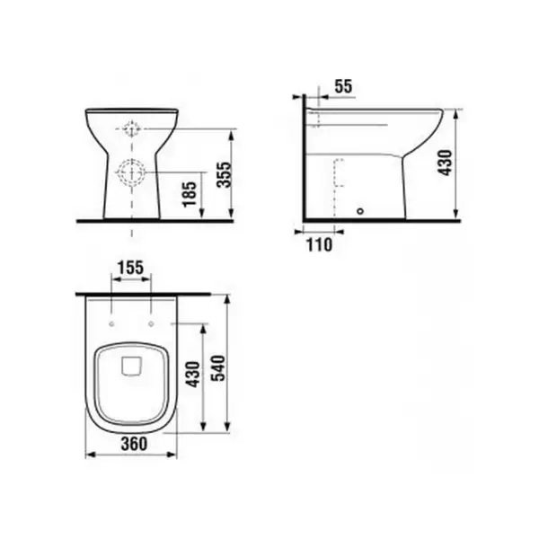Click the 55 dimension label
343,86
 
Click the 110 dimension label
319,244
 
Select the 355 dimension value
225,174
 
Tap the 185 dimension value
190,194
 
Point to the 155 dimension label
130,268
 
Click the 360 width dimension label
134,444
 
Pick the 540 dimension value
218,368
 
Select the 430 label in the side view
446,163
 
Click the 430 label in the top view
193,375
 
